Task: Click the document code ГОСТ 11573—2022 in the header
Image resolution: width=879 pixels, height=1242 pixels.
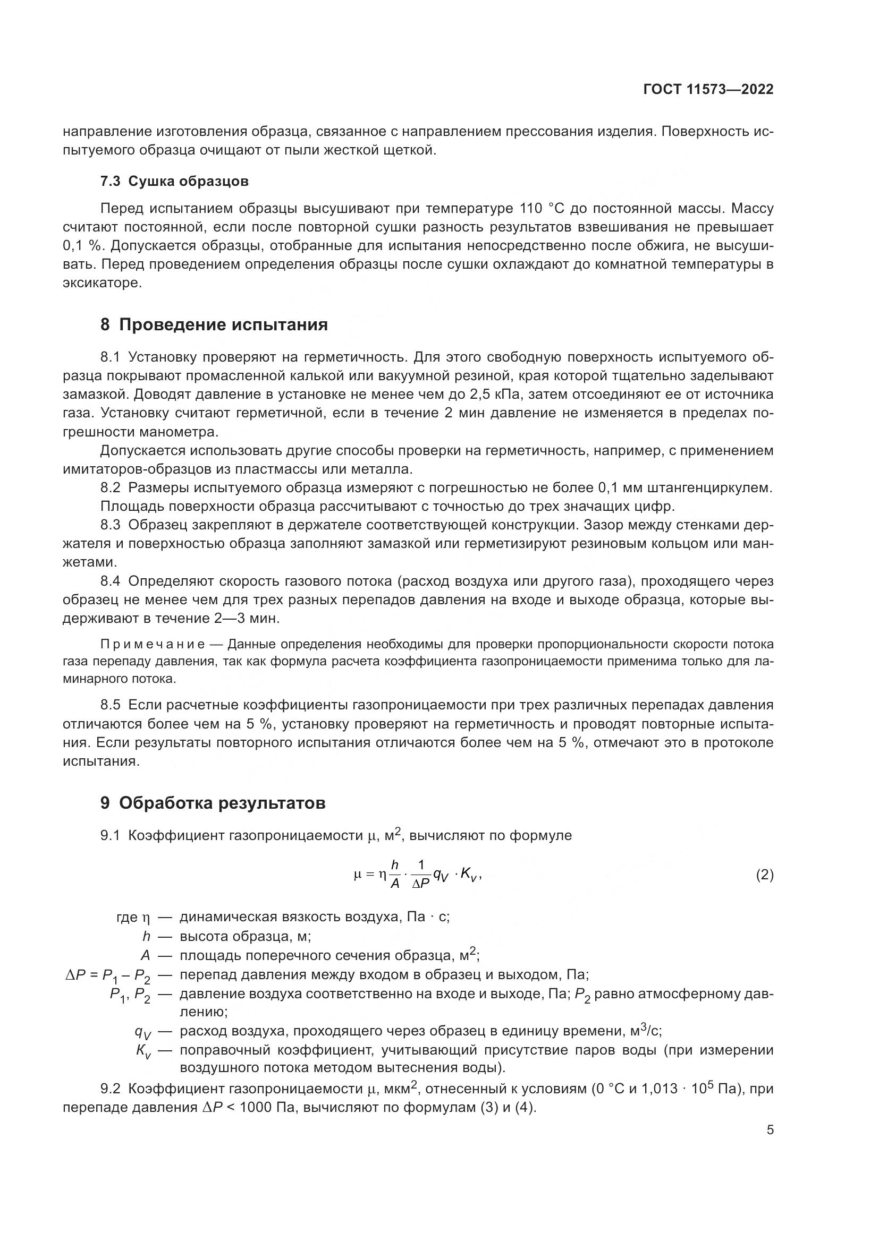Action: click(708, 90)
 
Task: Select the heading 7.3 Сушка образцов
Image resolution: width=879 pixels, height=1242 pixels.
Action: click(174, 181)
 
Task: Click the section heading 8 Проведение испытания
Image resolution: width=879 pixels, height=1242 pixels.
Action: click(214, 324)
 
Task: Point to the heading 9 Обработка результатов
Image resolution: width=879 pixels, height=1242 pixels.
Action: click(213, 803)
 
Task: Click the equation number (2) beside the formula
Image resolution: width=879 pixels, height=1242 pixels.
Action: click(764, 875)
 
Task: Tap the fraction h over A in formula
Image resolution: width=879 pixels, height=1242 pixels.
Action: click(394, 875)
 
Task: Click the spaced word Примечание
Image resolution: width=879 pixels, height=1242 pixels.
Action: click(153, 644)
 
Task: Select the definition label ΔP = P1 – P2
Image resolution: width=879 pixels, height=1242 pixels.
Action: click(108, 975)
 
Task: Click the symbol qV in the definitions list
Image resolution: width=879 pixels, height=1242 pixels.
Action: click(143, 1032)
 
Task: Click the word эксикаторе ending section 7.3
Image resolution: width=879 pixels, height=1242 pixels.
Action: click(101, 283)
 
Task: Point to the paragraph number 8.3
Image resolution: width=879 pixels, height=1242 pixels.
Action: click(110, 525)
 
